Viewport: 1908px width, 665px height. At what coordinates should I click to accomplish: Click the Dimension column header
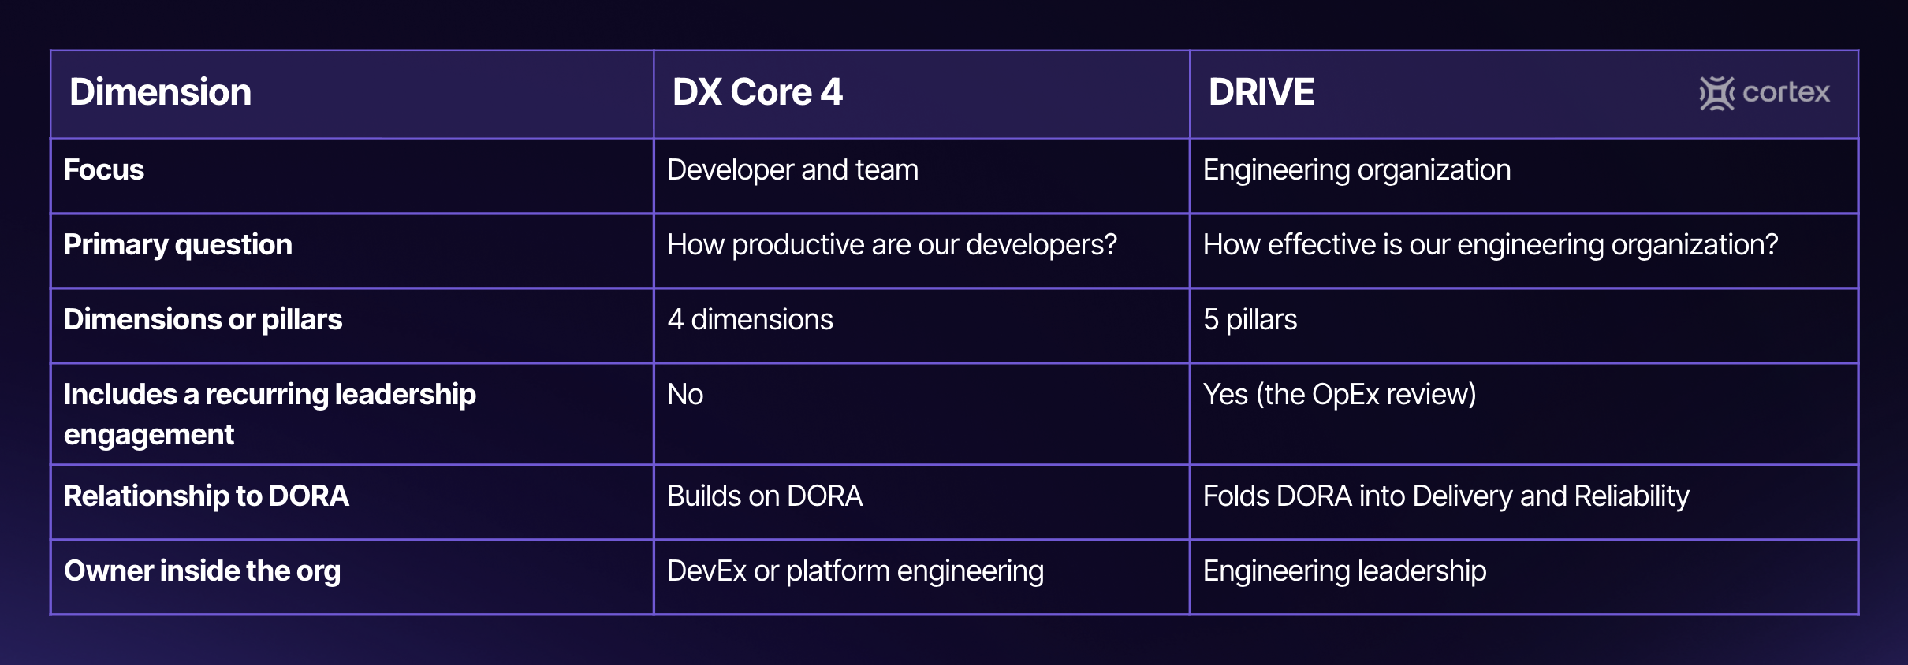tap(160, 92)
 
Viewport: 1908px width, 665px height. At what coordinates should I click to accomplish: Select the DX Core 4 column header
tap(758, 92)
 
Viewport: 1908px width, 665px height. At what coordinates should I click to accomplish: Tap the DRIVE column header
tap(1261, 92)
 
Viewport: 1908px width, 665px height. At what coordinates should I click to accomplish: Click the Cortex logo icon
tap(1716, 93)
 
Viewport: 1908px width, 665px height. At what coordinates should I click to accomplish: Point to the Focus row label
tap(104, 170)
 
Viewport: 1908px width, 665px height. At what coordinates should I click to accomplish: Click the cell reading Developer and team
tap(793, 170)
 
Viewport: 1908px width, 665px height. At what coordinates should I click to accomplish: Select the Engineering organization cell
tap(1357, 171)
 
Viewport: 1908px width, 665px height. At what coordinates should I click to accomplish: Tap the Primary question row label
tap(178, 246)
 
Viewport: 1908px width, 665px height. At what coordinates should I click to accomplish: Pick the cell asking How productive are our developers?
tap(893, 246)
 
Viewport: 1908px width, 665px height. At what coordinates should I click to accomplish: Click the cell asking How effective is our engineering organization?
tap(1491, 246)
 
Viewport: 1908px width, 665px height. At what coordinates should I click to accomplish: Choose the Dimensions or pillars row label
tap(203, 320)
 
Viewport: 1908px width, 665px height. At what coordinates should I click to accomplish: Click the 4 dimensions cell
tap(751, 320)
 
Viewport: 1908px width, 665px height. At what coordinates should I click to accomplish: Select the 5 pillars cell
tap(1250, 320)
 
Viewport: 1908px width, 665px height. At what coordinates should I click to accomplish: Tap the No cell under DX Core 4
tap(685, 395)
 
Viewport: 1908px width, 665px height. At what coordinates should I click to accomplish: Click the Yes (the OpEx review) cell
tap(1340, 395)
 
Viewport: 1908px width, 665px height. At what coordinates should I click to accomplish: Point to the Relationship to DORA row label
tap(207, 496)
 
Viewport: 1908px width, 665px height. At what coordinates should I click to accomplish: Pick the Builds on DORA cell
tap(765, 496)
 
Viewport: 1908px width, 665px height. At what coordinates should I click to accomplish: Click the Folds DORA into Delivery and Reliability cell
tap(1446, 497)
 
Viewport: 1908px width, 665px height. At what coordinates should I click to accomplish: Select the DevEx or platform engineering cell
tap(855, 571)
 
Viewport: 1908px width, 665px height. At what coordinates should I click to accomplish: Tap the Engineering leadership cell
tap(1345, 571)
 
